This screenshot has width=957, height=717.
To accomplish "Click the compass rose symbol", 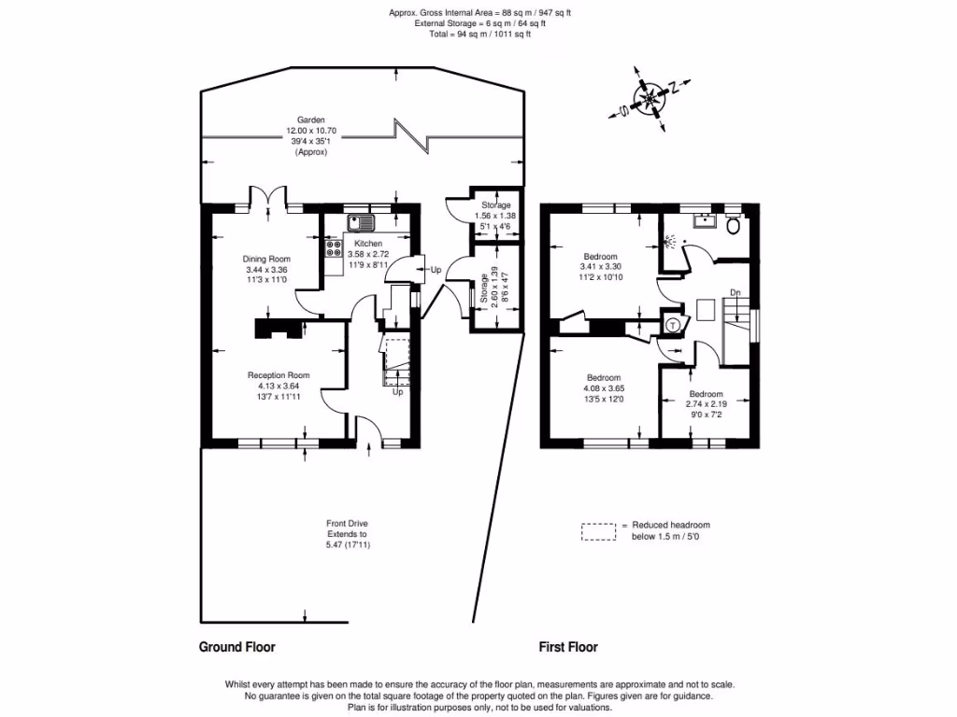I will (x=648, y=97).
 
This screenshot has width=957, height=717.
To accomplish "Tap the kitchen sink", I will (x=360, y=223).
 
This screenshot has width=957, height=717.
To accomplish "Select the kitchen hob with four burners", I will (x=334, y=248).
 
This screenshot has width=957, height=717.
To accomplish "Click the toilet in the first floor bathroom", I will (x=734, y=225).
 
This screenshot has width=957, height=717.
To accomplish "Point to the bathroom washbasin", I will (x=704, y=221).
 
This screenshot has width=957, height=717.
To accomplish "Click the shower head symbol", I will (x=669, y=241).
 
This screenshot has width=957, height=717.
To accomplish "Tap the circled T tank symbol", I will (x=672, y=325).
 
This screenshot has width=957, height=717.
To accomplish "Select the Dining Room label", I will (x=266, y=259).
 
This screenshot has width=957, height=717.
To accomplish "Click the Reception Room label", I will (x=279, y=375).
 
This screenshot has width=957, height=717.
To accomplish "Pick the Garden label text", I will (x=310, y=120).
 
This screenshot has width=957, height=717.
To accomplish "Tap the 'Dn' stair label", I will (x=736, y=293).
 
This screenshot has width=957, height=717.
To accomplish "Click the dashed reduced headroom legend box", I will (x=599, y=531).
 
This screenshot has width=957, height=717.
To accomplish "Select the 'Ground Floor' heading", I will (x=236, y=646).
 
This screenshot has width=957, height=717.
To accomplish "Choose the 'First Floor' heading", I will (x=568, y=646).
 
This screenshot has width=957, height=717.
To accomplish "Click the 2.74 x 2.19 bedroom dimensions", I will (x=706, y=404).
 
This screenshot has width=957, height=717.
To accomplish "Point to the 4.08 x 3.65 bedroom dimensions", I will (x=603, y=388).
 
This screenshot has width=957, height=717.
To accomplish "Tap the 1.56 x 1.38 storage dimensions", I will (x=495, y=215).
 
